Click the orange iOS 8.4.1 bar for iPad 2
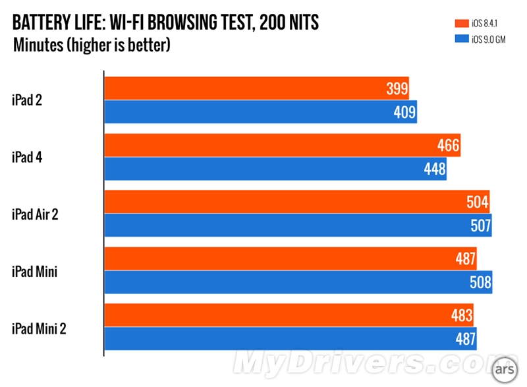coord(257,88)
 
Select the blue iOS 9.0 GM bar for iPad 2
coord(261,112)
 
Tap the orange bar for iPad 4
coord(283,145)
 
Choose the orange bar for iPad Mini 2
coord(289,315)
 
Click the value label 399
coord(397,88)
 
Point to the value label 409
coord(405,113)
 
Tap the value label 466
coord(449,145)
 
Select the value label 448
coord(435,169)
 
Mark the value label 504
coord(478,202)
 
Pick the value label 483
coord(462,315)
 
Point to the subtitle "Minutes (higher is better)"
coord(92,45)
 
